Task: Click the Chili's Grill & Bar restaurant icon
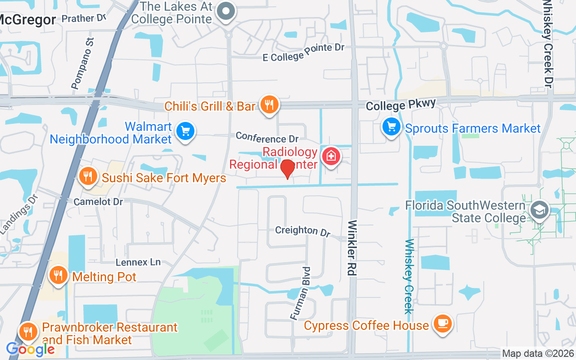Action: [x=269, y=105]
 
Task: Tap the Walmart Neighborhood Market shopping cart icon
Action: [x=185, y=131]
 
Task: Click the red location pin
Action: [x=287, y=169]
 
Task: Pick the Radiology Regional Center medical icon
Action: [x=331, y=156]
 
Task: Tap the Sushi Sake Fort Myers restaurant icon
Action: [x=88, y=176]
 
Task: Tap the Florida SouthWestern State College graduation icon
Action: [x=539, y=210]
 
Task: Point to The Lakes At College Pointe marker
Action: [x=226, y=11]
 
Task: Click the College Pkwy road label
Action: [x=400, y=105]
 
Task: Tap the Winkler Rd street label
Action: [x=352, y=247]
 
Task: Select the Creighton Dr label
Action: [x=303, y=231]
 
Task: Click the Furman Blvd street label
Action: [x=301, y=293]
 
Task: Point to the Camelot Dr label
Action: [x=98, y=202]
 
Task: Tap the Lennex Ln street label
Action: [x=138, y=262]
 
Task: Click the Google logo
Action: [x=30, y=349]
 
